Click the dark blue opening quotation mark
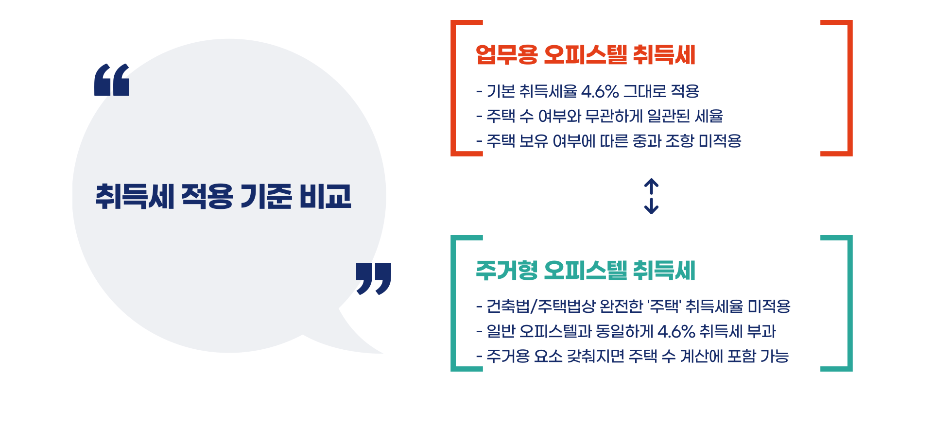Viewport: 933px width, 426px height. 112,80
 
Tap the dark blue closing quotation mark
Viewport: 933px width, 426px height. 373,278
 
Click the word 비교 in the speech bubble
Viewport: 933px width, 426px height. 325,197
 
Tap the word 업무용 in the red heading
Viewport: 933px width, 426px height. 506,54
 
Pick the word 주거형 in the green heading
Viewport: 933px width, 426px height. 506,271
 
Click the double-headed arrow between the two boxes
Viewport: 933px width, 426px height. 651,196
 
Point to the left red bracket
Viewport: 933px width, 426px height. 454,88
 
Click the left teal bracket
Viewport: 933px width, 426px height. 454,303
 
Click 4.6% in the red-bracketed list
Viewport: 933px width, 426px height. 600,91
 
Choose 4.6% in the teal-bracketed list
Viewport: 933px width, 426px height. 676,332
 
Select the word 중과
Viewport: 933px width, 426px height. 647,141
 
